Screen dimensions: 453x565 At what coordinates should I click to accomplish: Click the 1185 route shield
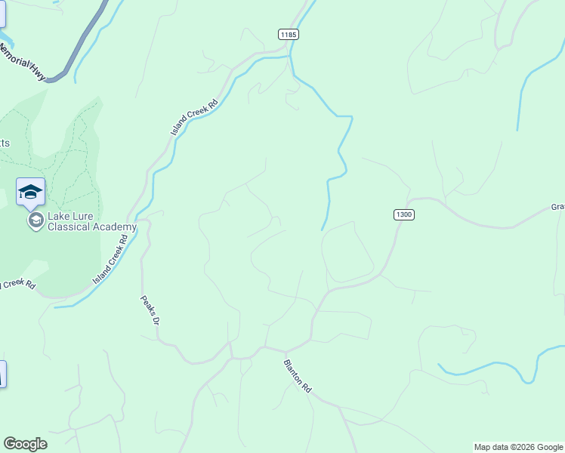point(288,34)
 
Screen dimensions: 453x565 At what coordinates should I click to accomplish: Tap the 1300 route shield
point(403,215)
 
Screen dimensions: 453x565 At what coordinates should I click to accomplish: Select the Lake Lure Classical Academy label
point(91,221)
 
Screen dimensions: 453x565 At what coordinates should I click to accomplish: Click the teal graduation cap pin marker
point(30,191)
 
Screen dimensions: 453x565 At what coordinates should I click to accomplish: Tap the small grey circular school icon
point(35,220)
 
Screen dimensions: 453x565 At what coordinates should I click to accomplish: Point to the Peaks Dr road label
point(150,310)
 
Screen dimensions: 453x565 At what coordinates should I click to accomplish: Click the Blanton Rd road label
point(297,374)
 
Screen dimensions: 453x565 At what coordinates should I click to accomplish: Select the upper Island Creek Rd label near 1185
point(194,118)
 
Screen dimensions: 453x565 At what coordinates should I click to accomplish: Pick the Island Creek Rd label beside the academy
point(110,259)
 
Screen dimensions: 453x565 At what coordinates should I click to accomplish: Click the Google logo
point(25,444)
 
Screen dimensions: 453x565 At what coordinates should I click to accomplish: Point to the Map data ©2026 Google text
point(518,447)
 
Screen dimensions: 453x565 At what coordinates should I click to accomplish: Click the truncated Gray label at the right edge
point(557,207)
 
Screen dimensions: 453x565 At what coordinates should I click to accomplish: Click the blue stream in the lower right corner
point(491,365)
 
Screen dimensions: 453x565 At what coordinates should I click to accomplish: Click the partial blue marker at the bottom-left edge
point(2,374)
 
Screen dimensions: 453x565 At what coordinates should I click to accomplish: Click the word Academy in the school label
point(115,226)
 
